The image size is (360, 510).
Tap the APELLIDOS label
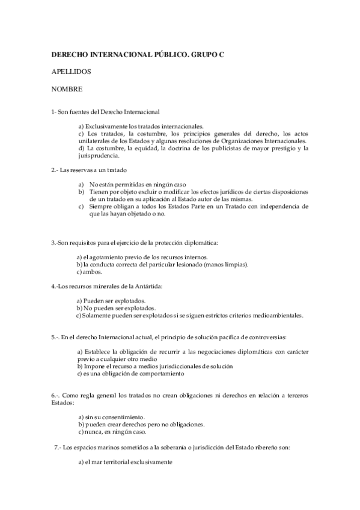tap(71, 72)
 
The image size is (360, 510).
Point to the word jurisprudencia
tap(99, 155)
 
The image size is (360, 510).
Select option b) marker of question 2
tap(81, 191)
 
